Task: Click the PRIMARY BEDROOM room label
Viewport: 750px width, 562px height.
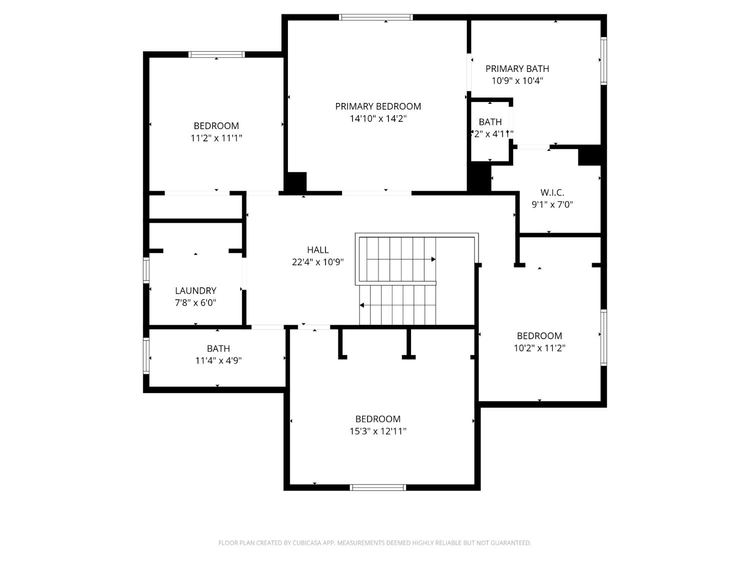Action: click(x=378, y=106)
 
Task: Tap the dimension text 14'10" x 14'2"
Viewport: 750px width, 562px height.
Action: click(x=378, y=119)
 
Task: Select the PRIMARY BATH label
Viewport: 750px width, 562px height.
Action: click(x=517, y=69)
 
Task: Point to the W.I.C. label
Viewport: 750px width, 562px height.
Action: click(x=552, y=192)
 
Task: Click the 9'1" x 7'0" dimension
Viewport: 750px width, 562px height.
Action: click(x=552, y=204)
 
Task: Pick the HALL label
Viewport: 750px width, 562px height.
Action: click(x=318, y=250)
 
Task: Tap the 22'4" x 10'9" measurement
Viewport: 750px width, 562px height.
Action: click(x=318, y=262)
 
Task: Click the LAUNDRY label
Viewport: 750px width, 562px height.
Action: click(x=195, y=291)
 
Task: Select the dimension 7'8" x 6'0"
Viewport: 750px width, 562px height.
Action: click(x=195, y=303)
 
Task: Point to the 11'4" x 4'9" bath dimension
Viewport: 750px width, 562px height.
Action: click(x=218, y=361)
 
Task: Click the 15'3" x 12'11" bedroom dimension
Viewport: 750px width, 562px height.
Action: click(x=378, y=431)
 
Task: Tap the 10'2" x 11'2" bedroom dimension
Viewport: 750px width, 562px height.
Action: click(x=539, y=348)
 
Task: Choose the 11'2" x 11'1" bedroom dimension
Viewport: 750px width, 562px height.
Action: click(x=216, y=138)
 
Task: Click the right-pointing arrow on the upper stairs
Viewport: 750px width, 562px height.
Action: click(x=433, y=259)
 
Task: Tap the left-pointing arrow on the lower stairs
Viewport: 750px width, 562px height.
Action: click(x=362, y=305)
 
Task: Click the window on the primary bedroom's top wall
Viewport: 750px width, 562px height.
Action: click(x=376, y=17)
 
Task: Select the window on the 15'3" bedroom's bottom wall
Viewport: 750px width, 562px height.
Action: click(x=377, y=488)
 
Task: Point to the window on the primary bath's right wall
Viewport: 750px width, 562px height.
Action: click(x=603, y=61)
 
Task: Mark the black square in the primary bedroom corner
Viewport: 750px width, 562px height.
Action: click(x=295, y=181)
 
